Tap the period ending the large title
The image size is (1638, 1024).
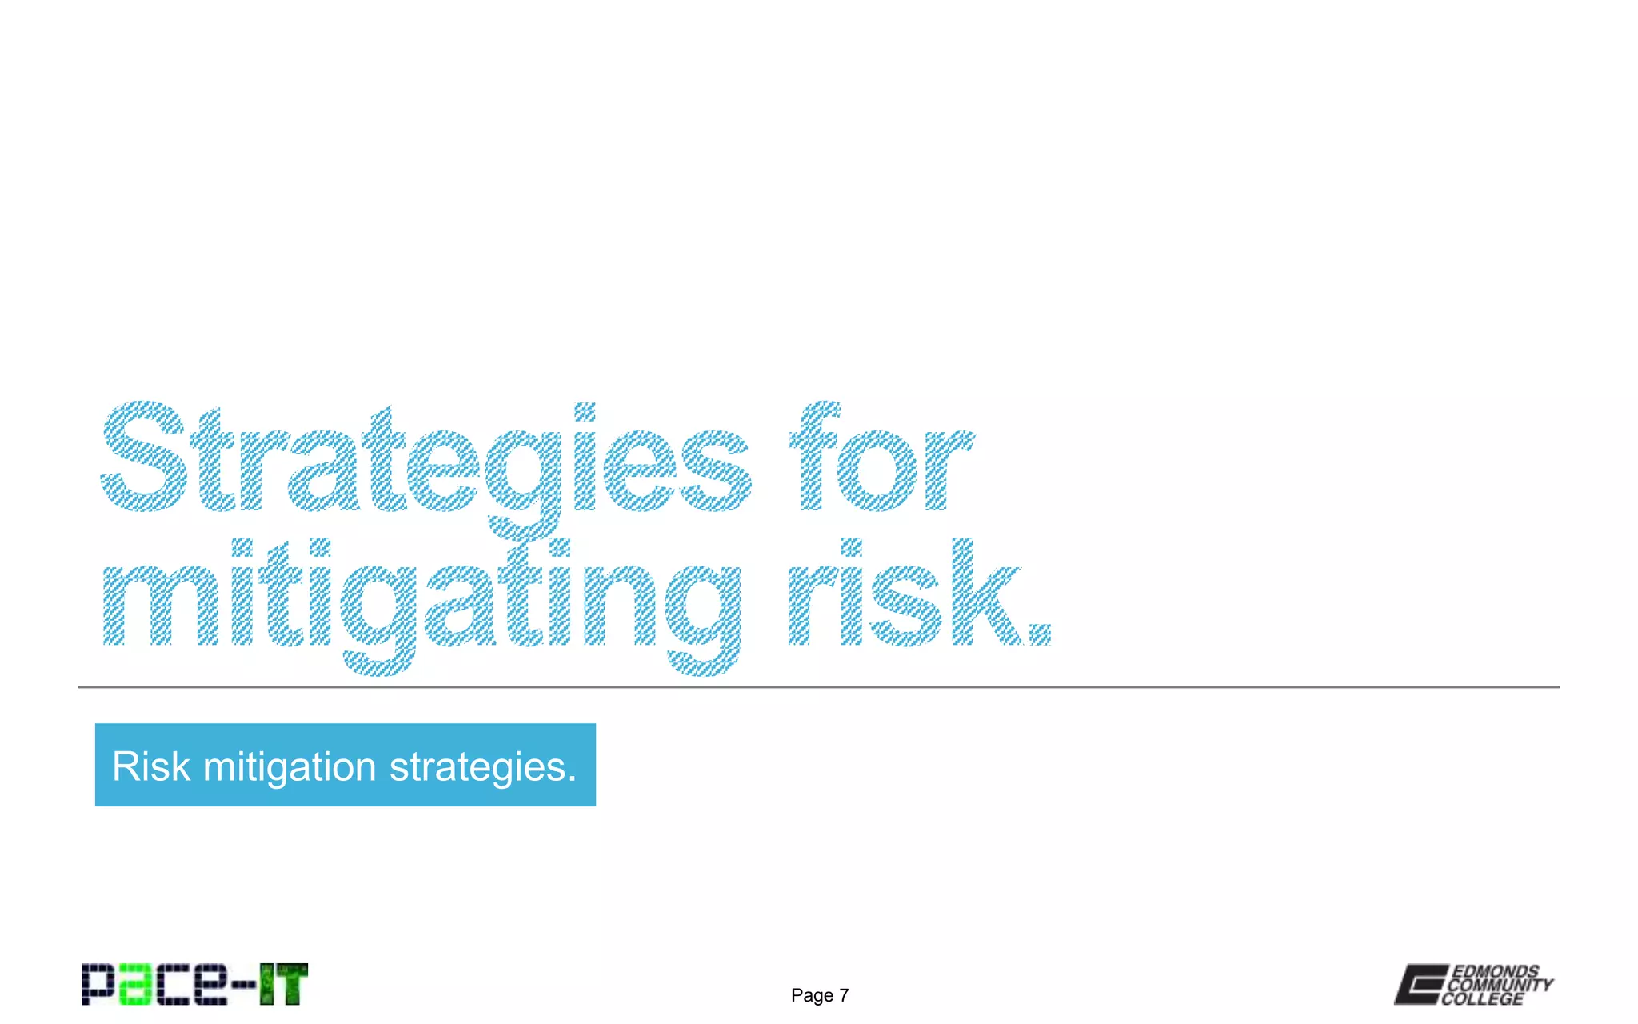tap(1039, 634)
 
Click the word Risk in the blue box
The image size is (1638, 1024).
tap(151, 766)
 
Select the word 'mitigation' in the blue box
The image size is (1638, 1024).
tap(290, 766)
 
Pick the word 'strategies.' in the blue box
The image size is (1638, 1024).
tap(482, 766)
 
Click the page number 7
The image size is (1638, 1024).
tap(843, 995)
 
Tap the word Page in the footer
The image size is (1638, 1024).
tap(812, 995)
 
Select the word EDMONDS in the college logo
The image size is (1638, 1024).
tap(1495, 971)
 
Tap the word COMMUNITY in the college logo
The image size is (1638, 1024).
tap(1500, 985)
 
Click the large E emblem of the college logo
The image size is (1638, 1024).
tap(1420, 984)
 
